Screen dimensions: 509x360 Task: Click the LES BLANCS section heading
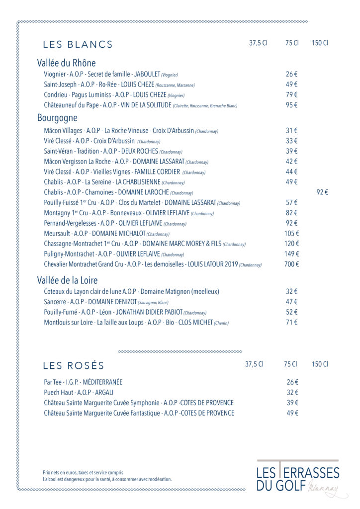(x=78, y=44)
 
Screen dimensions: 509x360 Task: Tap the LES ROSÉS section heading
(x=74, y=366)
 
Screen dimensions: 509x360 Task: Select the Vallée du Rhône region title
(x=66, y=63)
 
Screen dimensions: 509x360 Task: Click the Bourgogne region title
(x=57, y=118)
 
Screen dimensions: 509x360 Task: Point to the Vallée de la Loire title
(x=67, y=280)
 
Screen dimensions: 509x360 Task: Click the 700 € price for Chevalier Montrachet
(x=291, y=264)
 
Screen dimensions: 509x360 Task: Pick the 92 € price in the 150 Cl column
(x=322, y=192)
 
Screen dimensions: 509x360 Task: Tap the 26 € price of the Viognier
(x=291, y=74)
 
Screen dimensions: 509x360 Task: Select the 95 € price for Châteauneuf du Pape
(x=291, y=105)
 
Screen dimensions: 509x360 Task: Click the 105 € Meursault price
(x=291, y=234)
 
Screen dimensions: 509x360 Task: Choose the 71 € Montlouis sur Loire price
(x=291, y=323)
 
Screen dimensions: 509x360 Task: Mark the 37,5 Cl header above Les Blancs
(x=258, y=43)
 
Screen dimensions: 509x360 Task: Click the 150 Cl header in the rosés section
(x=320, y=364)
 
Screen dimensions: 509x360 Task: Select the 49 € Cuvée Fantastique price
(x=292, y=413)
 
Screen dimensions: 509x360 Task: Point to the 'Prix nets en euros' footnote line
(x=83, y=472)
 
